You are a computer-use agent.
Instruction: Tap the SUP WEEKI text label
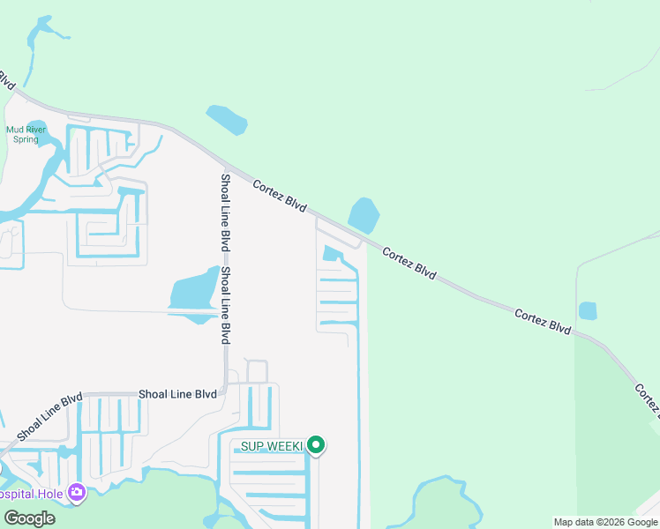coord(272,447)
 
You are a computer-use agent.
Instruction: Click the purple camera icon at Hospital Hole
coord(77,492)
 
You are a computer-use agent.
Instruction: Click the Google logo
coord(29,518)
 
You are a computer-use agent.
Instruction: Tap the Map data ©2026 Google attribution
coord(604,522)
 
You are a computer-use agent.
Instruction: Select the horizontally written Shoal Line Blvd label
coord(177,395)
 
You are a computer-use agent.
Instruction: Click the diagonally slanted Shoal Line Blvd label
coord(49,415)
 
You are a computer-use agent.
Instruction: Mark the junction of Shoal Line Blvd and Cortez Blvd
coord(226,166)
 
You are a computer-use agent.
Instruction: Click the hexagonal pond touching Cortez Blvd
coord(364,215)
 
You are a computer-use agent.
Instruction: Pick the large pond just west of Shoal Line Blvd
coord(193,294)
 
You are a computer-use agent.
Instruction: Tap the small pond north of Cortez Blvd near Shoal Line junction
coord(227,119)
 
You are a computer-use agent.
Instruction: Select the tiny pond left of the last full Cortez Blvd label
coord(588,310)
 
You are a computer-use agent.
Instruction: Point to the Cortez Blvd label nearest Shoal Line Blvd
coord(280,196)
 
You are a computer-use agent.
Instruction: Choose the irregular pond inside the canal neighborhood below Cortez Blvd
coord(334,256)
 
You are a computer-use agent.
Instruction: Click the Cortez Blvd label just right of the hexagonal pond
coord(409,264)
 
